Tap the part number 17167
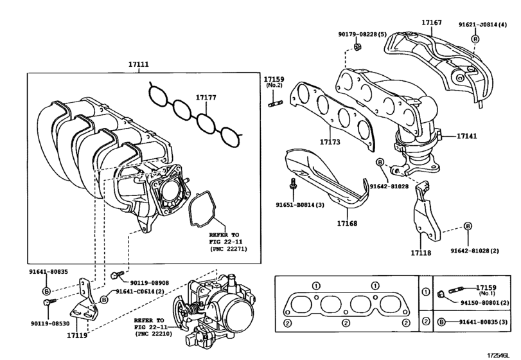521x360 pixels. (431, 22)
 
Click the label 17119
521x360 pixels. (76, 335)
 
